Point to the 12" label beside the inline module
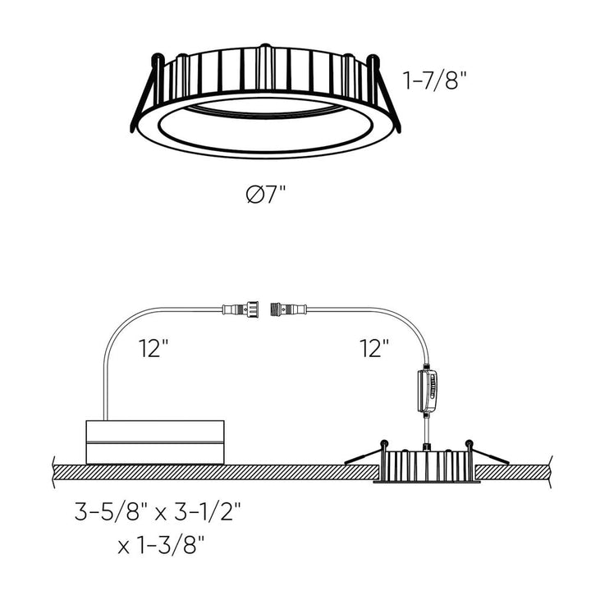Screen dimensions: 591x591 coord(373,349)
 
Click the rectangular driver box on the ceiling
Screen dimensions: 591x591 coord(155,441)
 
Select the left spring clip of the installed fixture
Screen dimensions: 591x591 coord(365,453)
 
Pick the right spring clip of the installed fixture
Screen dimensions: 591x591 coord(487,452)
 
